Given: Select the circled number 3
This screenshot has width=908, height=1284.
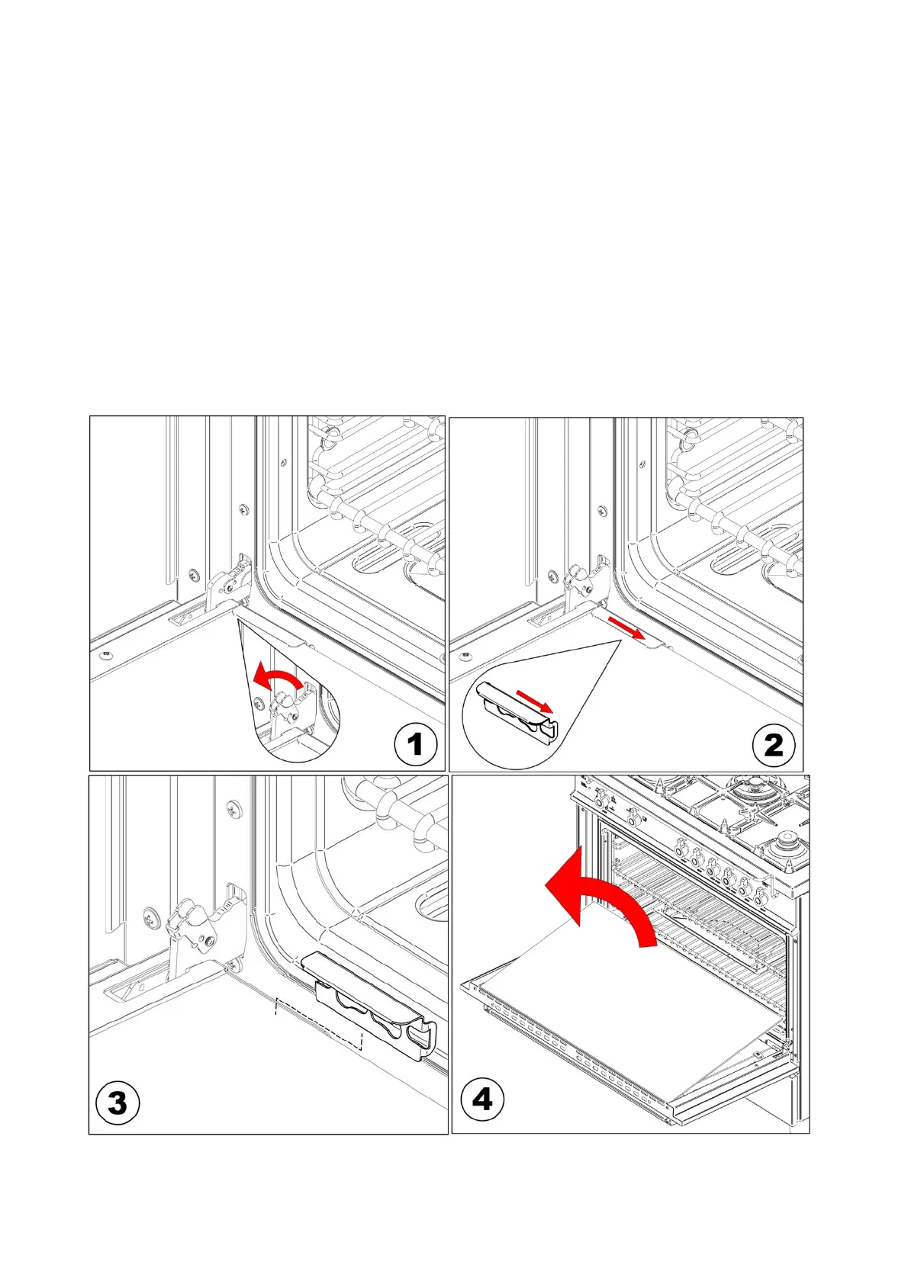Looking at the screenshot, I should [x=118, y=1103].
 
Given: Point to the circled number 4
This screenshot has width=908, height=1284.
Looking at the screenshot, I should [x=482, y=1099].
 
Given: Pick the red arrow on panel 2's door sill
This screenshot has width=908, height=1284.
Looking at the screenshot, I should [x=626, y=628].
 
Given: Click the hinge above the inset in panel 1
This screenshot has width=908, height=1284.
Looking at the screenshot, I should [x=229, y=583].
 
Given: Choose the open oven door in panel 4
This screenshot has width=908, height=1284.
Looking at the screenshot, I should [x=626, y=1029].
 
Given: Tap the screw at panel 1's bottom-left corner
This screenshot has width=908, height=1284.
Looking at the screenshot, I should [x=105, y=654].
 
